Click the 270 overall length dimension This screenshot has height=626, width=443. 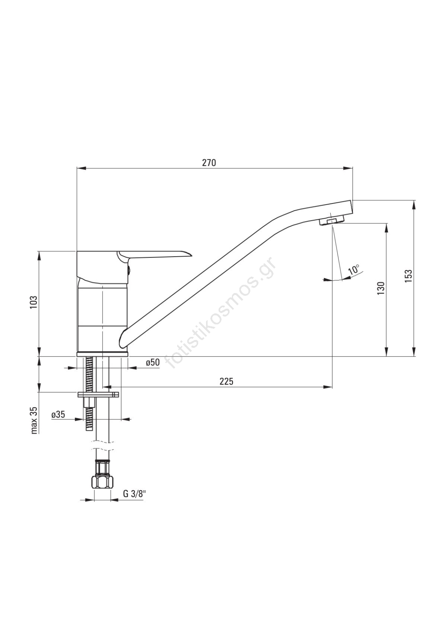[209, 163]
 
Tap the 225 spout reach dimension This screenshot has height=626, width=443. [226, 381]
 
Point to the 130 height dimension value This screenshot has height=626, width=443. [381, 288]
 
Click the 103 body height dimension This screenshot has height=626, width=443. [34, 303]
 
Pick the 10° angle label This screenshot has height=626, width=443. [354, 270]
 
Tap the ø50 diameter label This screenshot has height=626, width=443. [152, 363]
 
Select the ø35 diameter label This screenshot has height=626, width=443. [58, 414]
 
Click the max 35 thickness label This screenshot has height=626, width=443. [34, 420]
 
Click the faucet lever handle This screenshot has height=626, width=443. [157, 254]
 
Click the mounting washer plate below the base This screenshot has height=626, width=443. [98, 394]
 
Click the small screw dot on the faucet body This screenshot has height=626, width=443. [127, 268]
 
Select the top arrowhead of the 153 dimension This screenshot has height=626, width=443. [414, 204]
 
